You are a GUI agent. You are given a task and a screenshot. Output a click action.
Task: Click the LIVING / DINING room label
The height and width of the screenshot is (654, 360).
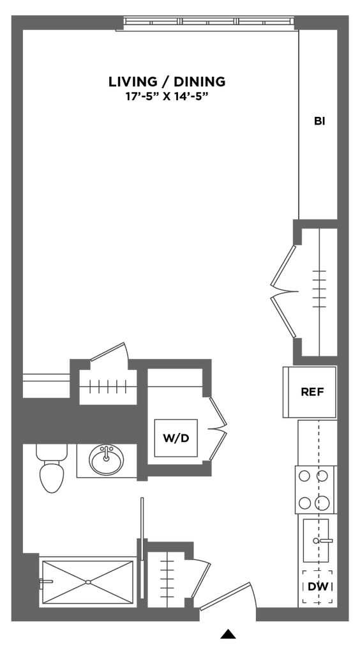[x=167, y=82]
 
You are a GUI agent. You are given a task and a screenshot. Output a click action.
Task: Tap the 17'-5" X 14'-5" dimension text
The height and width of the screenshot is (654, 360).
[x=167, y=97]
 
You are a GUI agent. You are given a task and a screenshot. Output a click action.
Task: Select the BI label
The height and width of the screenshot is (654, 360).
[x=320, y=121]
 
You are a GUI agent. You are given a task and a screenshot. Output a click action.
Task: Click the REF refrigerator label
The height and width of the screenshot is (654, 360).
[x=313, y=392]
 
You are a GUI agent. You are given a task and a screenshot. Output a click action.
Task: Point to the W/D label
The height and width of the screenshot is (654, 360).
[x=176, y=438]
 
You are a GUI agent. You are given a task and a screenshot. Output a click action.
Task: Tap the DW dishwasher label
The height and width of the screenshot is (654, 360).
[x=317, y=587]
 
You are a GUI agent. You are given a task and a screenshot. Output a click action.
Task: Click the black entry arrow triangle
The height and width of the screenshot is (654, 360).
[x=228, y=634]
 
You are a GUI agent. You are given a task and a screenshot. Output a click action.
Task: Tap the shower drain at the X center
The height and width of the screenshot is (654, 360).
[x=88, y=582]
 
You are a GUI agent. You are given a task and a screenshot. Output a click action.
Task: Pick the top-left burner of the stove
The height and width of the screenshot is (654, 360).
[x=304, y=476]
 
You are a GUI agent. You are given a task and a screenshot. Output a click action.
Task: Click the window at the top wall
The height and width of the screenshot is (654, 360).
[x=209, y=22]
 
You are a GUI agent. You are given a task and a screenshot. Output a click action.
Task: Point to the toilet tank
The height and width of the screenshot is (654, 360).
[x=52, y=451]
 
